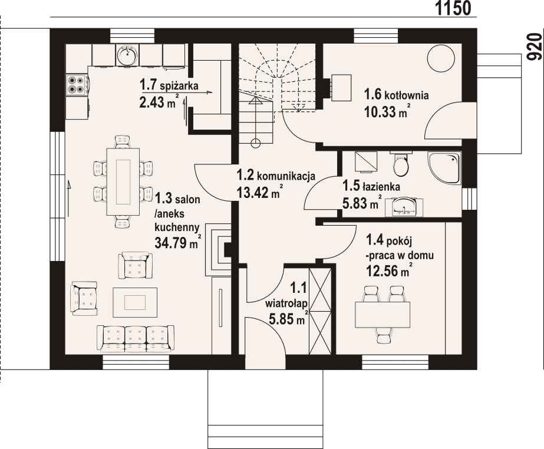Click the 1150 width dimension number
tap(453, 8)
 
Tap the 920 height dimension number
tap(535, 47)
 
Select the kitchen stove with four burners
tap(77, 84)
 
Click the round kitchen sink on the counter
tap(127, 54)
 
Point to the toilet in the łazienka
tap(401, 164)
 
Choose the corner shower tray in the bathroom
tap(444, 169)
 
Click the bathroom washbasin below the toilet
tap(404, 206)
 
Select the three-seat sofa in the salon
tap(136, 339)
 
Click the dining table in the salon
tap(123, 182)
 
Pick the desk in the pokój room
tap(383, 315)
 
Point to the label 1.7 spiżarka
tap(169, 85)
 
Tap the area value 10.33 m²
tap(385, 111)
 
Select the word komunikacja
tap(286, 176)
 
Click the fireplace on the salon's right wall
tap(219, 250)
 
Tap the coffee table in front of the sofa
tap(135, 302)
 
